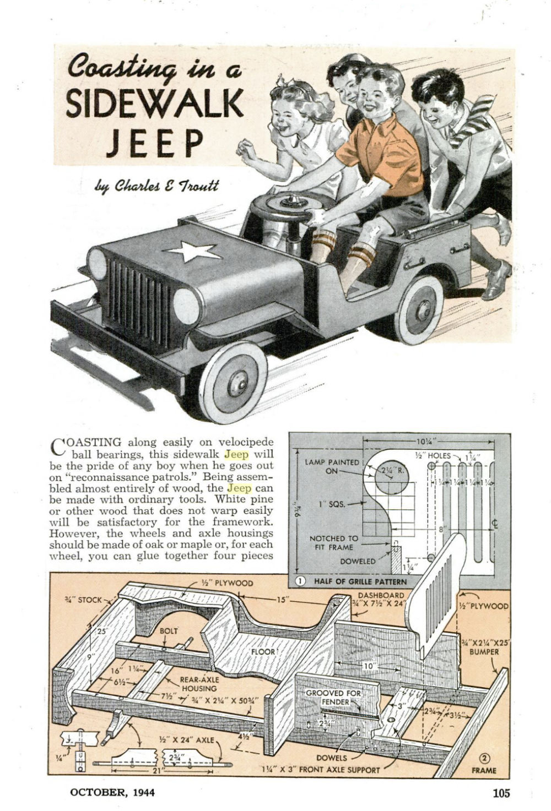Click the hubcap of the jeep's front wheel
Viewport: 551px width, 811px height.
[236, 381]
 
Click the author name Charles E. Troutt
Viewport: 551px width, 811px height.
[156, 186]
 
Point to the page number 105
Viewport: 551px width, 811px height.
[501, 793]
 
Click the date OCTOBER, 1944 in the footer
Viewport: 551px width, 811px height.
[112, 793]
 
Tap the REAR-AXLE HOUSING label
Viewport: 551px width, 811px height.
[199, 684]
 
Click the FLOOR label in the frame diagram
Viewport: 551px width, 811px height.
[263, 652]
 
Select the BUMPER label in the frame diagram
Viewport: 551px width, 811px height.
[484, 652]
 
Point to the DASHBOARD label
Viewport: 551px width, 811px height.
[381, 595]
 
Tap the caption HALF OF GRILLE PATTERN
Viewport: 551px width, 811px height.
[360, 581]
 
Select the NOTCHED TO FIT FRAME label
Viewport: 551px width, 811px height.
[333, 543]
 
